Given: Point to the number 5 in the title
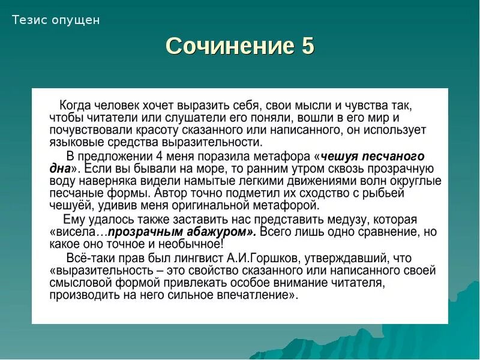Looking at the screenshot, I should [x=307, y=46].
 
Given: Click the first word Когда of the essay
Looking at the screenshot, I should [x=76, y=105].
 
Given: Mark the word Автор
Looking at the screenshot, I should [x=170, y=193].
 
